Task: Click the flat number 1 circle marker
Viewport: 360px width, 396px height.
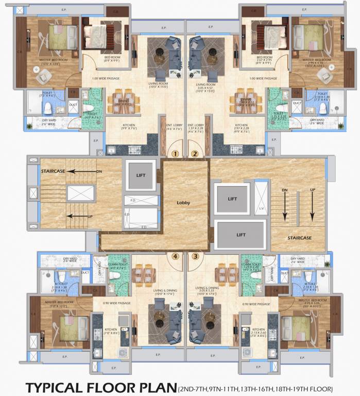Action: click(175, 153)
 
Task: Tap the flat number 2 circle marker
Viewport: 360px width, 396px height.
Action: click(195, 153)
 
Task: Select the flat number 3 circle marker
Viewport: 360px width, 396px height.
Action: click(195, 256)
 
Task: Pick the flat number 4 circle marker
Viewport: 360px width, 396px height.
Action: click(175, 256)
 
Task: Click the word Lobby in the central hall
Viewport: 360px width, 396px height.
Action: click(183, 203)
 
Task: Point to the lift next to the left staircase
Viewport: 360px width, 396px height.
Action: click(141, 175)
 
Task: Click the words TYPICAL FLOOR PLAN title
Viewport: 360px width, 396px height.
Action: click(100, 387)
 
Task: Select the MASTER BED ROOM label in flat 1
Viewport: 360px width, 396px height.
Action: click(53, 60)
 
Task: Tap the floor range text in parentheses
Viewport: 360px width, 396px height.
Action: click(255, 388)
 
